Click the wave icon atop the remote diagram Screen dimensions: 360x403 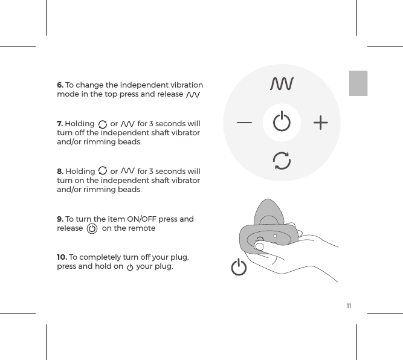click(282, 83)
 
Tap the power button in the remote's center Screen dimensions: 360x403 click(282, 123)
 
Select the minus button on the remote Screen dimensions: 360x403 click(245, 123)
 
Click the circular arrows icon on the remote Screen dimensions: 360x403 click(282, 161)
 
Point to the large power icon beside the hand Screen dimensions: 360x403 click(239, 267)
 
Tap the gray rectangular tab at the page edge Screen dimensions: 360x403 click(358, 83)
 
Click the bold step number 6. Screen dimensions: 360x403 click(60, 85)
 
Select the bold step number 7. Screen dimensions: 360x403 click(60, 124)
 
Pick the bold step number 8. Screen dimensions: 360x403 click(60, 171)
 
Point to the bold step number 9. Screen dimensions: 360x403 click(60, 219)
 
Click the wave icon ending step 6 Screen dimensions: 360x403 click(193, 95)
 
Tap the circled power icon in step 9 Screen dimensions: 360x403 click(92, 229)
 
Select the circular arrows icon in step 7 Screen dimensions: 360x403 click(102, 124)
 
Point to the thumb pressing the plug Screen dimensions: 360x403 click(260, 246)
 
